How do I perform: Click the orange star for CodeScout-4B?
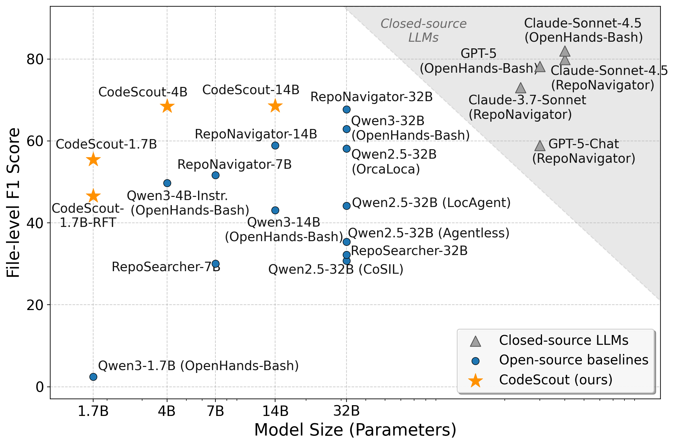click(x=167, y=106)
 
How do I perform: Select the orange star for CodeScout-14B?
click(x=275, y=106)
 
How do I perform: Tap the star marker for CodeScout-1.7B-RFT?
click(x=93, y=196)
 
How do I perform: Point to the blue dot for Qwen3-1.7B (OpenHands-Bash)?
click(x=93, y=377)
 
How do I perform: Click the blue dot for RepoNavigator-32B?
click(x=347, y=109)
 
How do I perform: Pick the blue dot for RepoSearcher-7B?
click(x=215, y=264)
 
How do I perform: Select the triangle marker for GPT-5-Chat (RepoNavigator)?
click(x=540, y=146)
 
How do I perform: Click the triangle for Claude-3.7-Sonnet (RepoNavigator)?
click(x=521, y=88)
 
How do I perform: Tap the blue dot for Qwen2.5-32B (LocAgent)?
click(x=347, y=206)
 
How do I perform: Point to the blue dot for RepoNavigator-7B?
click(x=215, y=175)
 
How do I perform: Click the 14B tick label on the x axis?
click(x=275, y=411)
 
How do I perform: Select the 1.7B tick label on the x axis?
click(x=93, y=411)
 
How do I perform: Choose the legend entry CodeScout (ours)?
click(x=555, y=380)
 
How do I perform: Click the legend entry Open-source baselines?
click(x=573, y=360)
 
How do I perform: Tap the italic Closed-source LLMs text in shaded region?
click(x=423, y=31)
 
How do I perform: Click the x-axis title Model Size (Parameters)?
click(x=355, y=430)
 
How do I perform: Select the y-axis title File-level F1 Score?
click(x=14, y=203)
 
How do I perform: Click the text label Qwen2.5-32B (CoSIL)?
click(x=336, y=270)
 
